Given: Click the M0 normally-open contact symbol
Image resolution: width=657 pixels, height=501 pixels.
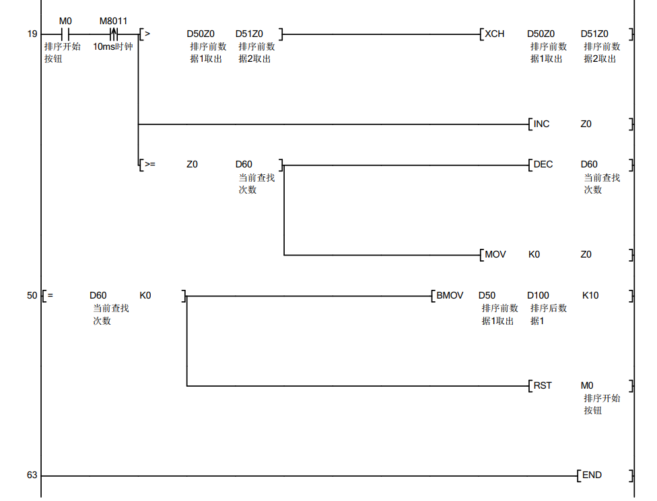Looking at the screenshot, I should coord(65,34).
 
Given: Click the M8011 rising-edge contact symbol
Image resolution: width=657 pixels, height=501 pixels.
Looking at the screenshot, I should coord(114,34).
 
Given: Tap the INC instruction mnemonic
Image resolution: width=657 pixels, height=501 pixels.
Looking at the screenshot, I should coord(541,124).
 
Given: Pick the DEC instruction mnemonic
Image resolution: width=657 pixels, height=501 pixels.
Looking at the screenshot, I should coord(543,164).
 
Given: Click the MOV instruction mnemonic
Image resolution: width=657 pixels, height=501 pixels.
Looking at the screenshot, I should coord(495,255).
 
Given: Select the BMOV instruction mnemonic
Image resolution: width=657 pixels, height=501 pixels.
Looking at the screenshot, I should coord(450,295).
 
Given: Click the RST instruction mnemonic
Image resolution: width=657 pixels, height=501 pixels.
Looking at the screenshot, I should coord(543,385).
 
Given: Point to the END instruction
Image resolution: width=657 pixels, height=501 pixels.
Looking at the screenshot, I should coord(592,475).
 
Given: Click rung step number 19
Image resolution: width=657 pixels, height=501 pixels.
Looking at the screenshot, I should coord(32,34).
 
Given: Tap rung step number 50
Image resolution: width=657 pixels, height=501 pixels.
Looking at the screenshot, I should coord(32,295).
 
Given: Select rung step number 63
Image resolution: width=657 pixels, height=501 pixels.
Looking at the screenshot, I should coord(32,475).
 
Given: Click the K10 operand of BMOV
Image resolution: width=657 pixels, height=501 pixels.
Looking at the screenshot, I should coord(590,295).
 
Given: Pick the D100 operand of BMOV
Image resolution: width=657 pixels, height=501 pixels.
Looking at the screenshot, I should coord(538,295).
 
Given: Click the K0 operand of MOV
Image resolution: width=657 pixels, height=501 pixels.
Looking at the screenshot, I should coord(534,255).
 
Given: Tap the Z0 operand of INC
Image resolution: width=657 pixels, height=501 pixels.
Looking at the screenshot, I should coord(586,124).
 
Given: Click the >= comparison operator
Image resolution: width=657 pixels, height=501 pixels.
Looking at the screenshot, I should coord(149,164).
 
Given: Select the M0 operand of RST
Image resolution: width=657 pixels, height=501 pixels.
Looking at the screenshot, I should coord(587,385).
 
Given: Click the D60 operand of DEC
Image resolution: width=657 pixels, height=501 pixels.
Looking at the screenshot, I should coord(589,164).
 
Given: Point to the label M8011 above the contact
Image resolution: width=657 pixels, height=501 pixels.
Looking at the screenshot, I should coord(113,21).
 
